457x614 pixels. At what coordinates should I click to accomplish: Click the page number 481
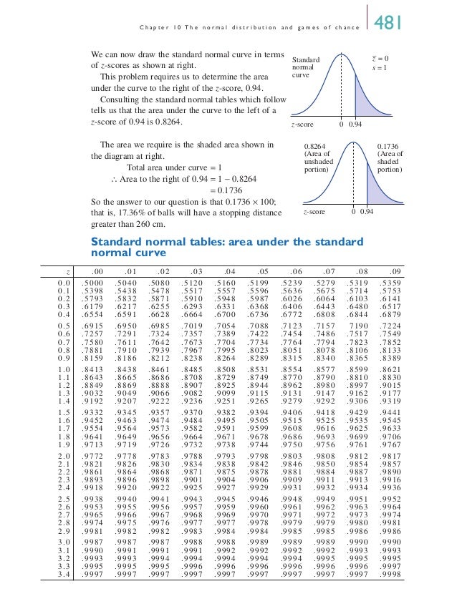[393, 24]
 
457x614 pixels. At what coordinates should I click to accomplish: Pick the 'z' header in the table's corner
[65, 271]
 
